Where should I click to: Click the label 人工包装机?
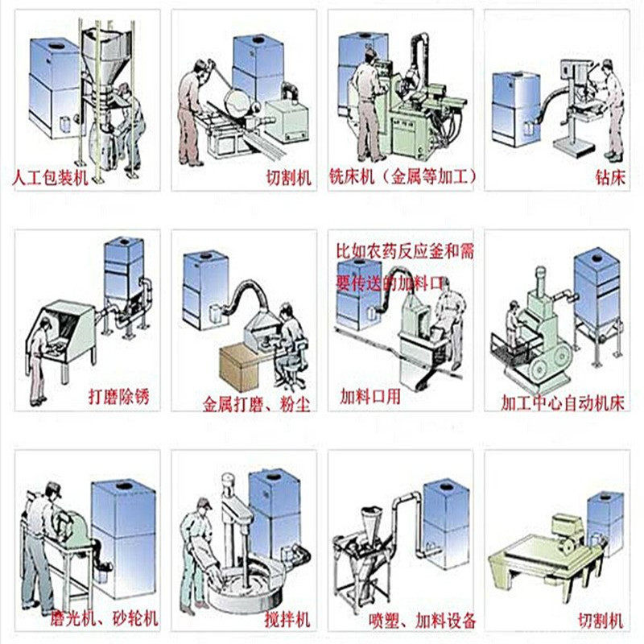[x=51, y=175]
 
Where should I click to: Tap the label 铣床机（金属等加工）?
[x=403, y=175]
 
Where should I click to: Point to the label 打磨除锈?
[x=119, y=395]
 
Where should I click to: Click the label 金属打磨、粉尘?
[x=256, y=400]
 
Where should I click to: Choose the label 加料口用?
[x=370, y=395]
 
